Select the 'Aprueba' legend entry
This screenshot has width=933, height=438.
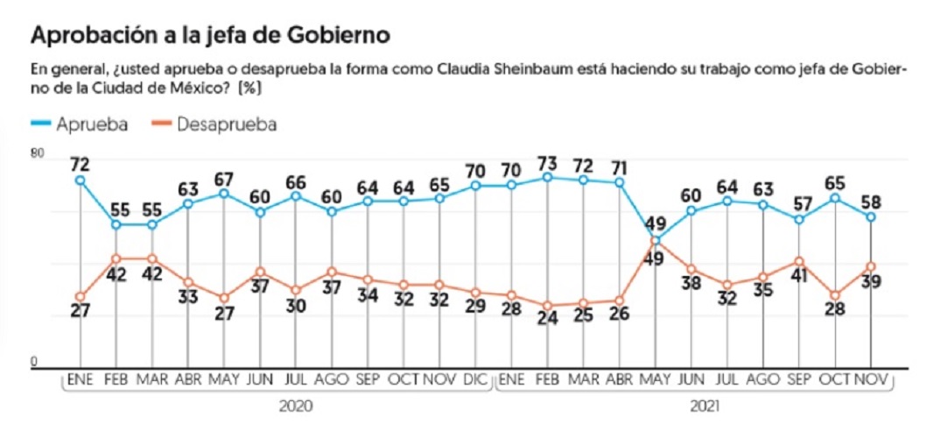[x=79, y=124]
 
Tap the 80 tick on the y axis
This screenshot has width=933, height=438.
[x=37, y=154]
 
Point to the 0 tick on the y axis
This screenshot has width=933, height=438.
[x=34, y=362]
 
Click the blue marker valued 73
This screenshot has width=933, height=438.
[x=547, y=177]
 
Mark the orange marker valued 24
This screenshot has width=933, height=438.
[x=547, y=305]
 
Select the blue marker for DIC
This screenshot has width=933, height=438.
[x=475, y=186]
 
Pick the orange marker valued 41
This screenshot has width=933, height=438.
[x=799, y=261]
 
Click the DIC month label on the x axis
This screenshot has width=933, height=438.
[x=475, y=379]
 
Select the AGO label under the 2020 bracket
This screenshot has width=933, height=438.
[x=332, y=379]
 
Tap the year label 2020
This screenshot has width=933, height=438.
[x=295, y=407]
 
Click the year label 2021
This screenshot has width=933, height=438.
[x=705, y=407]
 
